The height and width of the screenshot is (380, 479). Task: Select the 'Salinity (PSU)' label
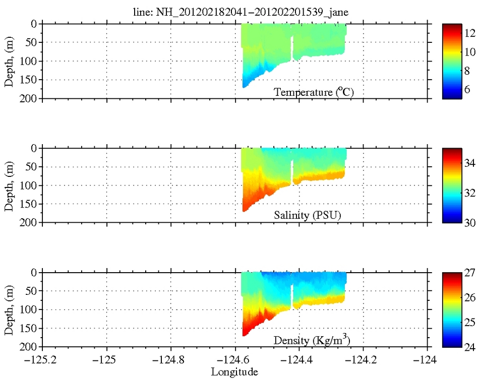[308, 216]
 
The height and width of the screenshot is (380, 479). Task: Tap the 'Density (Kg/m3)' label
[312, 340]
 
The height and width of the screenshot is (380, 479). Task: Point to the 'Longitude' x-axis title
[234, 372]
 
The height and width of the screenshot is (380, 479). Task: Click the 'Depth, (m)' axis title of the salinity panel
[9, 185]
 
